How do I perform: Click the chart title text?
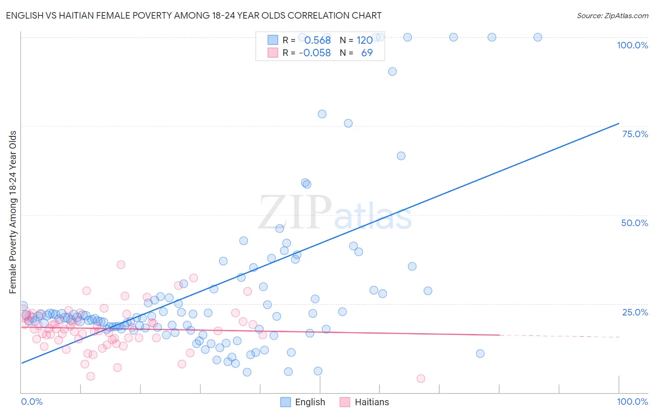pos(194,16)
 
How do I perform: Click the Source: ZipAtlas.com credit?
pos(612,16)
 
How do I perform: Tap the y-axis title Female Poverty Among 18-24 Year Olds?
pos(13,212)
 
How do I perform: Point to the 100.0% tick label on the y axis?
pos(632,45)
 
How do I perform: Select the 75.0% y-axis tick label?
pos(634,134)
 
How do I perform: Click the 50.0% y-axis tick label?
pos(634,223)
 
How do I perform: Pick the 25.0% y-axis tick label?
pos(634,312)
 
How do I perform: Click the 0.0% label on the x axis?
pos(32,402)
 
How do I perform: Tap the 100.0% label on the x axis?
pos(632,402)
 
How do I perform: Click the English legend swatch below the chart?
pos(286,402)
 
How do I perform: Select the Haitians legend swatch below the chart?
pos(345,402)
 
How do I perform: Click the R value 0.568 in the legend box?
pos(317,40)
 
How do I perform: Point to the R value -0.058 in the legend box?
pos(315,53)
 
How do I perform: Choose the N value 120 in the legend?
pos(365,40)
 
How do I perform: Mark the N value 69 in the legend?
pos(367,53)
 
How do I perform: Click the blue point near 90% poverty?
pos(393,72)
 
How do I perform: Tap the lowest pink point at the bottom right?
pos(421,379)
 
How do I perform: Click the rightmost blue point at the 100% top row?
pos(538,37)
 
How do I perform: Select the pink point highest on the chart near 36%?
pos(121,265)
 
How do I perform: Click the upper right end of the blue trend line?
pos(619,123)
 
